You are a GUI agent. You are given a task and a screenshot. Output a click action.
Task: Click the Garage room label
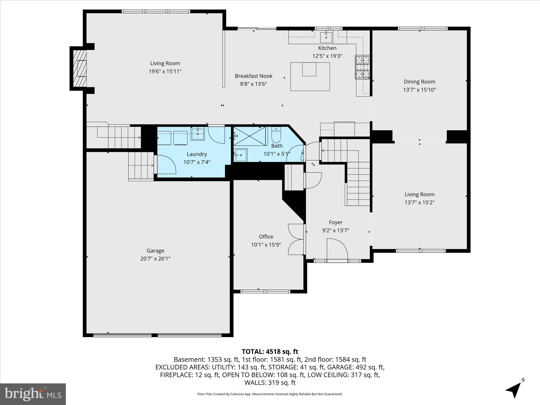pos(155,251)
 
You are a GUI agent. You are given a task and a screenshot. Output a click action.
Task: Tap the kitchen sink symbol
pos(326,37)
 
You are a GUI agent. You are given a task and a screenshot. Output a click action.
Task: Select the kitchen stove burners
pos(362,67)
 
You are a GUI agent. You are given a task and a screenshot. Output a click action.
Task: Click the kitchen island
pos(310,77)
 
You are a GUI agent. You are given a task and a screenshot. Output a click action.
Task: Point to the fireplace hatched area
pos(80,69)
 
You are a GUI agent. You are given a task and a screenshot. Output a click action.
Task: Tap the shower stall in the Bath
pos(249,136)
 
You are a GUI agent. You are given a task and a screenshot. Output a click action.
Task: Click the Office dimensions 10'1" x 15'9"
pos(266,245)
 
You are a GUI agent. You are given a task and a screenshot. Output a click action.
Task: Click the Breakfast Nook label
pos(254,76)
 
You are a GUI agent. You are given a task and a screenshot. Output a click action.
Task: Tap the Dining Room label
pos(419,82)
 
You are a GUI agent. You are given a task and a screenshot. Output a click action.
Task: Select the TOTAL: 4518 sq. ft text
pos(270,352)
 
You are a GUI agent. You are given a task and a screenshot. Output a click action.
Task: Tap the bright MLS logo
pos(33,394)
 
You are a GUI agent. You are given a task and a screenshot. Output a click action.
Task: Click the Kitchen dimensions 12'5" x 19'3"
pos(327,56)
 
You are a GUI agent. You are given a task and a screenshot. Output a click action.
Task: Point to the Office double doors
pos(296,239)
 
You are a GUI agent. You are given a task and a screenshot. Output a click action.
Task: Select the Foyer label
pos(336,222)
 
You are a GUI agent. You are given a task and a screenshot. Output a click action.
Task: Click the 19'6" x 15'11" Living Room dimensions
pos(165,71)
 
